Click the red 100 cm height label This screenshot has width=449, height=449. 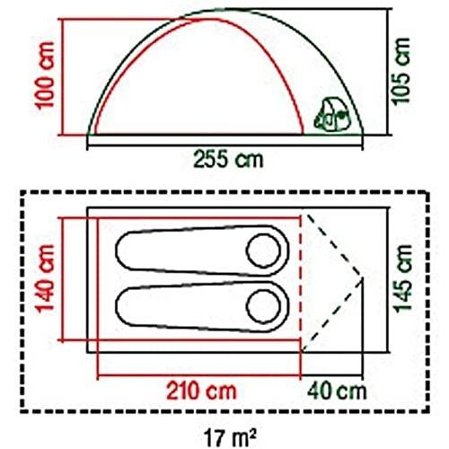click(45, 75)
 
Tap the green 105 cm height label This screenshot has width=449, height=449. click(401, 71)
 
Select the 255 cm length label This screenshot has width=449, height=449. click(228, 160)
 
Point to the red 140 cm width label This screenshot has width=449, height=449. click(45, 278)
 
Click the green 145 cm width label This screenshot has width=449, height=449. click(403, 278)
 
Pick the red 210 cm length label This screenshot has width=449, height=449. click(201, 391)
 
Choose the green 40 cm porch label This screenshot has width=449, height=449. click(337, 391)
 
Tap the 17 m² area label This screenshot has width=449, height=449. click(230, 437)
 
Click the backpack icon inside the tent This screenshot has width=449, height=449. click(331, 116)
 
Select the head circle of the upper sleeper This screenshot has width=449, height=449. click(263, 251)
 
